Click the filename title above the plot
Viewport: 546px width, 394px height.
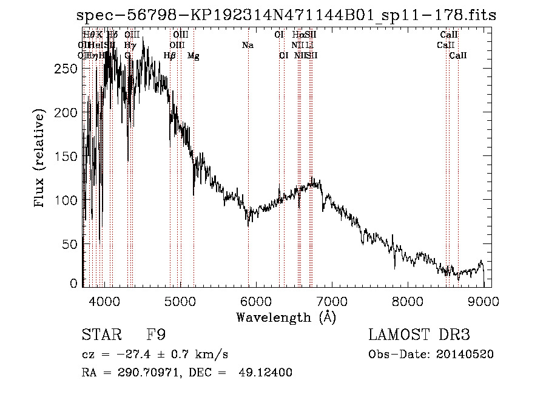pyautogui.click(x=291, y=15)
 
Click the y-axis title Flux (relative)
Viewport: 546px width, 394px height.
pyautogui.click(x=40, y=158)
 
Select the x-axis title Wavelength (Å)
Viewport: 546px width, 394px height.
pyautogui.click(x=286, y=317)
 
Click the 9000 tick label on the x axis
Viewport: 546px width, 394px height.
pyautogui.click(x=484, y=301)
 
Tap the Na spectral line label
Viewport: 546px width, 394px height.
pyautogui.click(x=248, y=46)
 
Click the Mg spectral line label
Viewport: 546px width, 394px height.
pyautogui.click(x=194, y=56)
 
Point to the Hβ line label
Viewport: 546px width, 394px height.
pyautogui.click(x=170, y=56)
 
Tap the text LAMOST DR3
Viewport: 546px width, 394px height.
pyautogui.click(x=419, y=335)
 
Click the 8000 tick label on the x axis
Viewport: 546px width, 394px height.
pyautogui.click(x=407, y=301)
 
